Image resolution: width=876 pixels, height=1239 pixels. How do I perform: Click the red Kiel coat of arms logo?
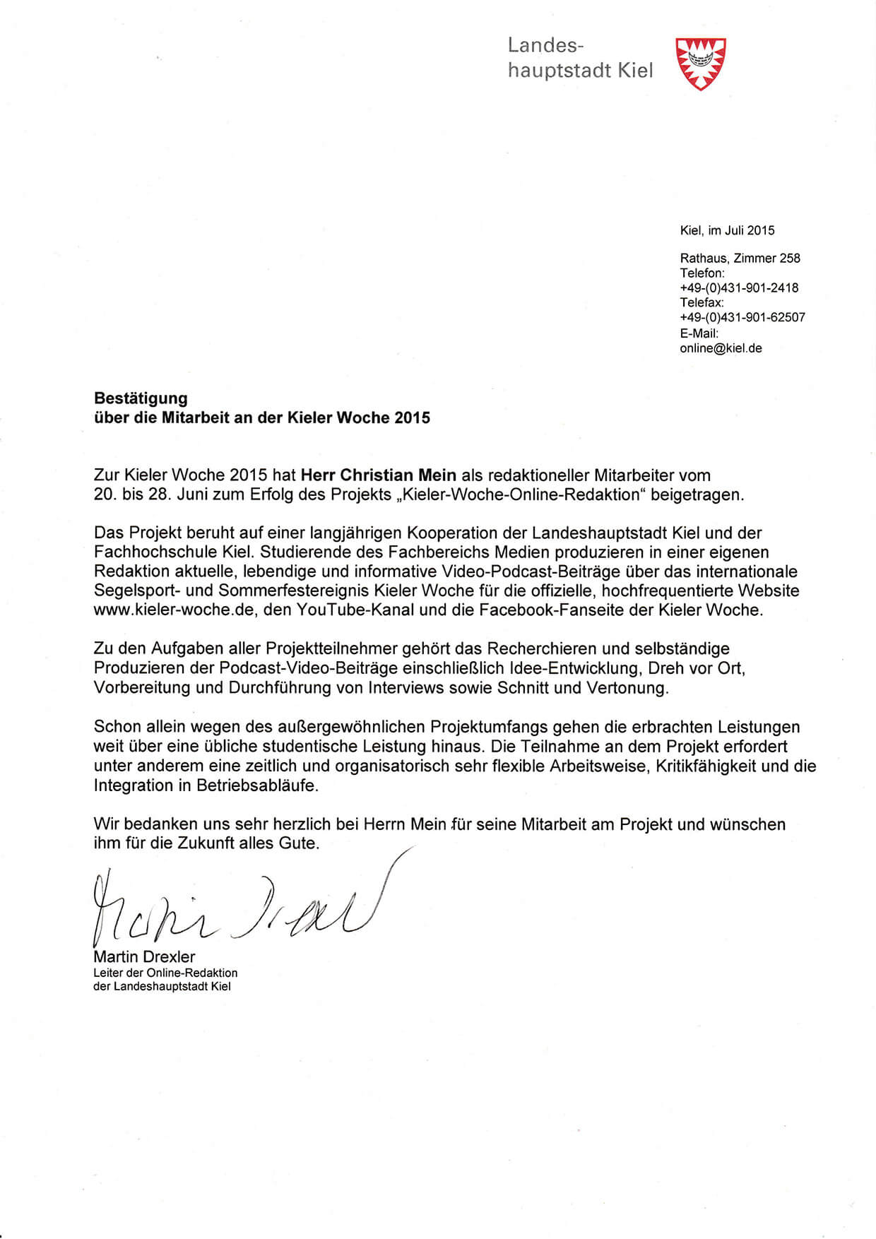point(701,63)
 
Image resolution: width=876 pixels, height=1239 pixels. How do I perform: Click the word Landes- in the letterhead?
point(545,46)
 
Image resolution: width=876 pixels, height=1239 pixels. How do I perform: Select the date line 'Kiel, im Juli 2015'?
point(727,230)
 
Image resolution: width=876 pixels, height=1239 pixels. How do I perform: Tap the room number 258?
point(790,259)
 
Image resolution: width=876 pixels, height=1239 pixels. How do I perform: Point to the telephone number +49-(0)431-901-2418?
point(739,288)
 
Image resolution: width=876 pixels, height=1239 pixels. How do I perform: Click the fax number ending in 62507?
point(742,318)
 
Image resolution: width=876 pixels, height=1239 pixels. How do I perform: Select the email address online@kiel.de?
point(721,348)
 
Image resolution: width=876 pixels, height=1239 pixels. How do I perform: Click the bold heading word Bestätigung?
point(141,398)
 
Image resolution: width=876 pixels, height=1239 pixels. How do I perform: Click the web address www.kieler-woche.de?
point(173,610)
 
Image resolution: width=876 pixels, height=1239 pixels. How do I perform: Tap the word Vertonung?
point(627,687)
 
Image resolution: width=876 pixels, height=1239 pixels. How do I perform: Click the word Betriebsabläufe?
point(257,786)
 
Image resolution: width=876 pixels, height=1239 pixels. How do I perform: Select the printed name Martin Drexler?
point(144,957)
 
